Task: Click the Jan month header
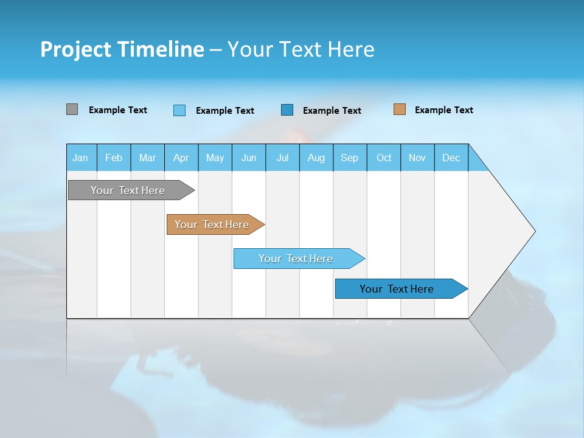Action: [81, 158]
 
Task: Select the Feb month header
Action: [114, 158]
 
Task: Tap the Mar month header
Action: [147, 158]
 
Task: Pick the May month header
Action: [215, 158]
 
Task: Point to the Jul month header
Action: [282, 158]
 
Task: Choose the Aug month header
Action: [316, 158]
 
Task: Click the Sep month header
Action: [350, 158]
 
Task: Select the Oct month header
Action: [384, 158]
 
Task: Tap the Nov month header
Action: [417, 158]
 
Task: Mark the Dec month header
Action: [451, 158]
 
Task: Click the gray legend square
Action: [72, 109]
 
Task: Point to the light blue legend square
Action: [179, 110]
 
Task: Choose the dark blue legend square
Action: [287, 110]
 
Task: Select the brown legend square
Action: [400, 109]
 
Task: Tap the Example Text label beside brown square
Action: [443, 110]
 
